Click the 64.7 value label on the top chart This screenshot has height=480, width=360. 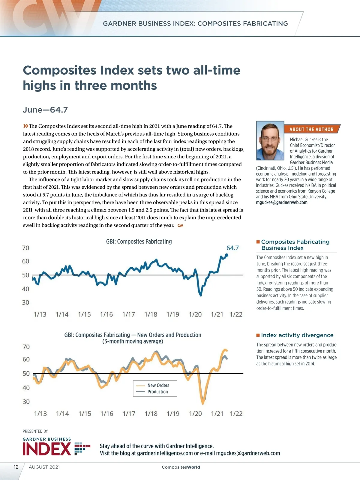point(232,248)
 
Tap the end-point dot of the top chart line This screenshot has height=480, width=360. point(226,255)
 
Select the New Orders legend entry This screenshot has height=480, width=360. point(158,385)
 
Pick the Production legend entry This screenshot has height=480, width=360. point(157,391)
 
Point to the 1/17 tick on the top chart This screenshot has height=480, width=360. point(128,314)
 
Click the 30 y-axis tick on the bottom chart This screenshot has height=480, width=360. point(26,402)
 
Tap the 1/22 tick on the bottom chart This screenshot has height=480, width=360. point(236,414)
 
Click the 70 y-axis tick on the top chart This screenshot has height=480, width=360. point(26,248)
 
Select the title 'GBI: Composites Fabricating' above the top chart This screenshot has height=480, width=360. point(139,241)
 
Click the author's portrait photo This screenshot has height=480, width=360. point(270,141)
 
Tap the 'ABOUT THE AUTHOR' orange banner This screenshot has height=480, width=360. point(311,129)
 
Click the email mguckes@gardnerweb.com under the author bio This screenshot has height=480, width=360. point(281,202)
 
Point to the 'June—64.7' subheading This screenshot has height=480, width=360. point(45,110)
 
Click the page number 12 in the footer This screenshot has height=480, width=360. point(16,467)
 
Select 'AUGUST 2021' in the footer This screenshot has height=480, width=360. point(44,467)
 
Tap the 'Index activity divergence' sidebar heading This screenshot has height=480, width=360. point(297,335)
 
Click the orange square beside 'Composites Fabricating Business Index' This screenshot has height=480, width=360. point(258,242)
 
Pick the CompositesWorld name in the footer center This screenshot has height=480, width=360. point(181,467)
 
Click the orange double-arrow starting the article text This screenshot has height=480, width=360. point(26,126)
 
